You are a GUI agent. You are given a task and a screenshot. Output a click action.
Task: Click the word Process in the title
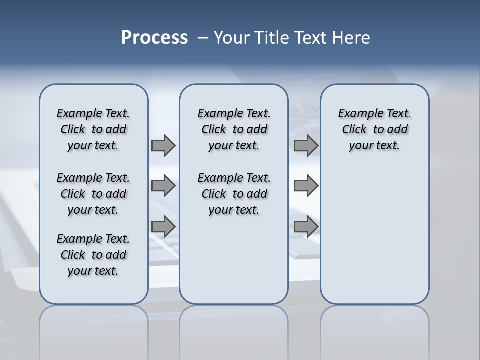[154, 38]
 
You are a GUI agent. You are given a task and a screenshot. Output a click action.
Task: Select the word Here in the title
[352, 38]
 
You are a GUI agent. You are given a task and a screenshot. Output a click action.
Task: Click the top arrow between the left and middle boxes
[163, 145]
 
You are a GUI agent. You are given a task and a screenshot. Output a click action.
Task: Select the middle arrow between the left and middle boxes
[163, 186]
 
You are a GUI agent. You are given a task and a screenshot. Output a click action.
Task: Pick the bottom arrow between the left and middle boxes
[163, 227]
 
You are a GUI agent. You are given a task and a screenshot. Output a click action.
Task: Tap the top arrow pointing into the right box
[306, 145]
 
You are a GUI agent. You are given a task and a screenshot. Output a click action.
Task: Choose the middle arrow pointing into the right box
[306, 186]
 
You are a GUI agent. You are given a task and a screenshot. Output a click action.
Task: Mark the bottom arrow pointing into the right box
[306, 227]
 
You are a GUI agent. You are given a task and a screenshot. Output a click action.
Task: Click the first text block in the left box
[93, 129]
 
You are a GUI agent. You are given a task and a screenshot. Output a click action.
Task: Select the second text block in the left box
[93, 194]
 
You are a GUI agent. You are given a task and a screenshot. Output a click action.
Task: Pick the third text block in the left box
[93, 255]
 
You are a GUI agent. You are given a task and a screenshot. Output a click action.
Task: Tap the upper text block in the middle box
[234, 129]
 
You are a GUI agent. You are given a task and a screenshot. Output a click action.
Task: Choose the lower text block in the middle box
[234, 194]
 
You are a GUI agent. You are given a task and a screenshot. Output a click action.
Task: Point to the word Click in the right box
[354, 130]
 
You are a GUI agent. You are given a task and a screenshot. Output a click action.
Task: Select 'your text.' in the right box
[374, 146]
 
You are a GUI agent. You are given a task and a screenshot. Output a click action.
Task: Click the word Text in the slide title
[311, 38]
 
